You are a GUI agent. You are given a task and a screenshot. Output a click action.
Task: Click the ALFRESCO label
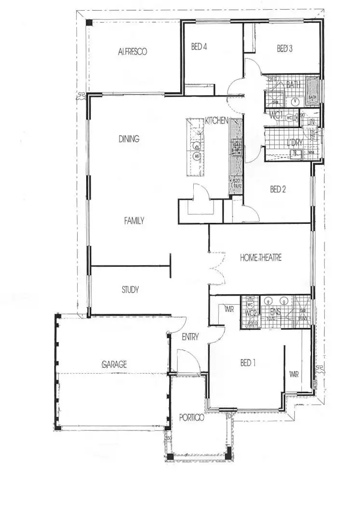[132, 51]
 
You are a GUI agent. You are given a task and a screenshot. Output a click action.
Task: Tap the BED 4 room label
[199, 47]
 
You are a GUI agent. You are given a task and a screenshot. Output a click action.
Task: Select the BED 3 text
[284, 49]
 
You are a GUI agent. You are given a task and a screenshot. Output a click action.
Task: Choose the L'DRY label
[294, 142]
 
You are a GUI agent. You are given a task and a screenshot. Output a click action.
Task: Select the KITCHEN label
[216, 121]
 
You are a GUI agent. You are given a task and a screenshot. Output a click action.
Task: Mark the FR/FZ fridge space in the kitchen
[236, 184]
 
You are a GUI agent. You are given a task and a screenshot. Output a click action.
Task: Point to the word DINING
[129, 139]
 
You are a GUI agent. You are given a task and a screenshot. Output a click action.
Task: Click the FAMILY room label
[134, 220]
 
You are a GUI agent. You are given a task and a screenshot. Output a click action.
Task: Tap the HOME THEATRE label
[261, 258]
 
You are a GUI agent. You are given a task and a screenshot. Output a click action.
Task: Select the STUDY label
[130, 290]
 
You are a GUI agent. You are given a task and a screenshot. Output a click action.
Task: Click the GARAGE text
[114, 364]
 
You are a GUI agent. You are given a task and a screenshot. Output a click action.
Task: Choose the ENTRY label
[190, 337]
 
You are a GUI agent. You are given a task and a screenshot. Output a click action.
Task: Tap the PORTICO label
[191, 418]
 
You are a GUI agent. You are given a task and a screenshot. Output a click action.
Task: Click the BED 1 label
[248, 363]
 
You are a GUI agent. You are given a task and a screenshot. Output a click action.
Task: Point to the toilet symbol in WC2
[251, 305]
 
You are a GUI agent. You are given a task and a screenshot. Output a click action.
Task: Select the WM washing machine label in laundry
[310, 153]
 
